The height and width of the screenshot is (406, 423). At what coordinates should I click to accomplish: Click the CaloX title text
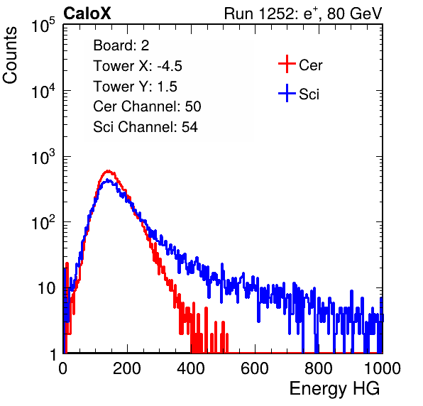(x=87, y=13)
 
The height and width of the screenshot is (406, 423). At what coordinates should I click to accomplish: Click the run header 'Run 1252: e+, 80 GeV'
(x=303, y=13)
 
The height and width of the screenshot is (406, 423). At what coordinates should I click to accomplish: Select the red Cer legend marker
(x=287, y=64)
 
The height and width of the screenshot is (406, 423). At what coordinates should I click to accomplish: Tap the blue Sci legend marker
(x=287, y=94)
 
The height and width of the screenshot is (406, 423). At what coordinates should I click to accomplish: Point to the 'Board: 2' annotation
(x=121, y=45)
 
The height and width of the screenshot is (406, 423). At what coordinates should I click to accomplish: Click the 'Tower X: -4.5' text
(x=138, y=66)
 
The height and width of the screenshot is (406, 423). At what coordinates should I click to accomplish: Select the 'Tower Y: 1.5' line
(x=135, y=87)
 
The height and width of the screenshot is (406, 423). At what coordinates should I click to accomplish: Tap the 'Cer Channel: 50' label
(x=147, y=106)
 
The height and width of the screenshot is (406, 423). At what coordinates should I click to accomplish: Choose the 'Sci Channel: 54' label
(x=145, y=127)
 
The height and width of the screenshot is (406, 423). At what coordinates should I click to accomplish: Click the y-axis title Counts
(x=10, y=55)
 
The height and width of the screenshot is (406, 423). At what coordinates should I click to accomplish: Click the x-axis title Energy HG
(x=334, y=388)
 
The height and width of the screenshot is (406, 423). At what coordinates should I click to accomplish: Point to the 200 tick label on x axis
(x=127, y=368)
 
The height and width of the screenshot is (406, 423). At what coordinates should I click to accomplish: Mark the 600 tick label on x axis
(x=255, y=368)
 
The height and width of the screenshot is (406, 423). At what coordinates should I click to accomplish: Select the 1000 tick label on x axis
(x=383, y=368)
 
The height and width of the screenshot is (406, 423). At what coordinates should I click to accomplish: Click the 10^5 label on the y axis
(x=43, y=26)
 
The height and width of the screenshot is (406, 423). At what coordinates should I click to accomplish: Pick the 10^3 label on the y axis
(x=43, y=158)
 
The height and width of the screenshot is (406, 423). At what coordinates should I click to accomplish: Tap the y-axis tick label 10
(x=46, y=288)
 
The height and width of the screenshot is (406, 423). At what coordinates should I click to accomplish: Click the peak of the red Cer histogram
(x=108, y=170)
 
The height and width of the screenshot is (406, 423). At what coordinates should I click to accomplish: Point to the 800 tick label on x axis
(x=319, y=368)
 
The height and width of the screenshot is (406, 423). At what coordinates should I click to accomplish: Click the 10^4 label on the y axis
(x=43, y=92)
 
